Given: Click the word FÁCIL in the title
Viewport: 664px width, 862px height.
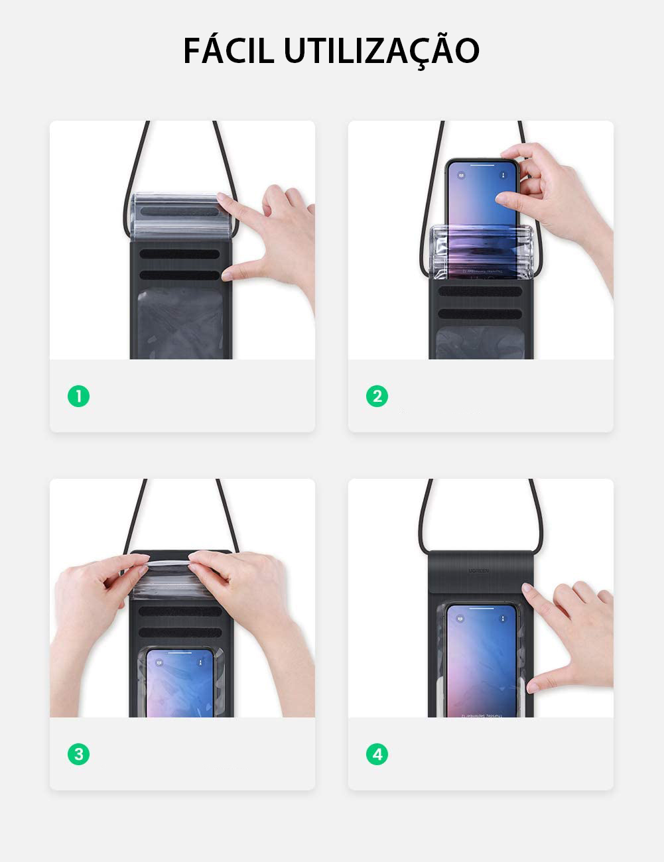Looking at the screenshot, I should click(228, 50).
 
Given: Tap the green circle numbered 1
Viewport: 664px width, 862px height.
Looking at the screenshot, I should click(78, 397).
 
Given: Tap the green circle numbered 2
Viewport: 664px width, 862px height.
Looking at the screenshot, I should click(377, 397).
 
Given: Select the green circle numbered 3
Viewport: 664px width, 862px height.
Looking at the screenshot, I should click(78, 754).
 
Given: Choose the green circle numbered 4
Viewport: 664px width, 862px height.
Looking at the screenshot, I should click(377, 754).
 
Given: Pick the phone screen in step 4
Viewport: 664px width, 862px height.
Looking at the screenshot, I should click(482, 656).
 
